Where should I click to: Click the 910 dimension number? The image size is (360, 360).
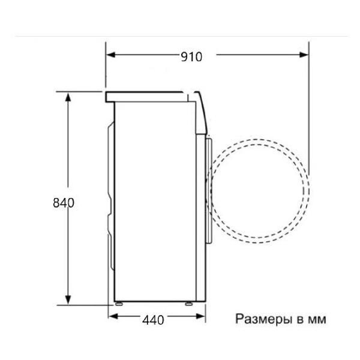[x=191, y=57]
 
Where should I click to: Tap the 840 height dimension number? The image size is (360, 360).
[x=64, y=203]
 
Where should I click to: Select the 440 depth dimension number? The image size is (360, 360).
[x=153, y=320]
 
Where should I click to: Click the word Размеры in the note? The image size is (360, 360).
[x=263, y=319]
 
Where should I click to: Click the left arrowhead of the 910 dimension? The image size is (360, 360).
[x=110, y=55]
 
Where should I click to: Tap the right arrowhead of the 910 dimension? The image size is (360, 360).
[x=304, y=55]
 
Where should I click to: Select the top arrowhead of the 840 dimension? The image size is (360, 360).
[x=68, y=97]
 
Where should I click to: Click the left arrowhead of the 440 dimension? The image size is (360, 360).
[x=113, y=316]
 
